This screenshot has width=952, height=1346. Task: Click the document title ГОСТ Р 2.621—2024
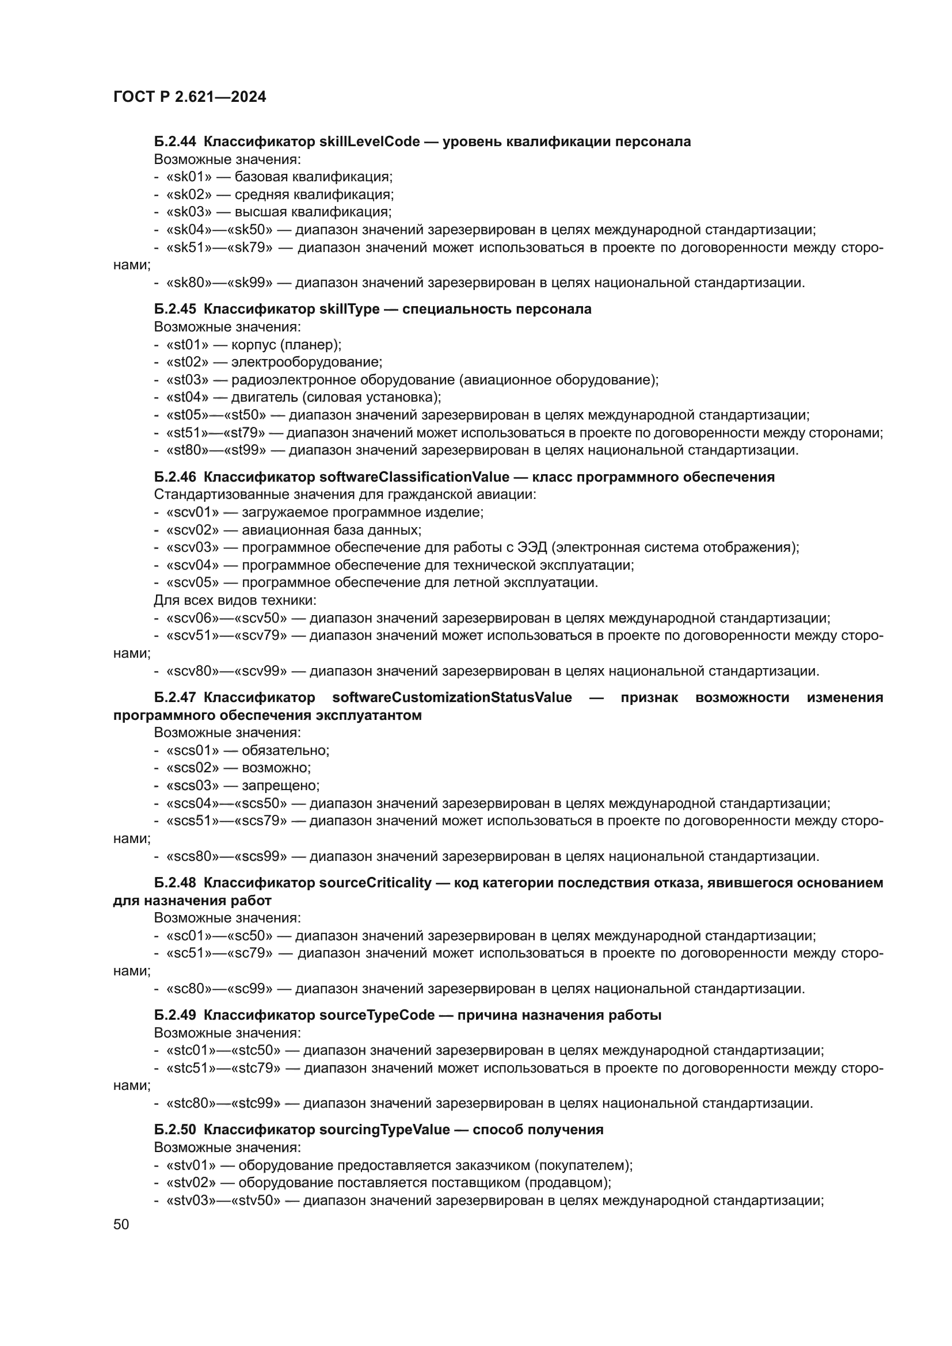coord(189,97)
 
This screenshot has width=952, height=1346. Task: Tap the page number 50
coord(121,1224)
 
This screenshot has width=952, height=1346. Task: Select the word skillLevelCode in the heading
coord(370,142)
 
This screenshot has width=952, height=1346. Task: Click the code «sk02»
coord(189,195)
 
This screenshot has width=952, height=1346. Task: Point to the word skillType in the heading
coord(349,310)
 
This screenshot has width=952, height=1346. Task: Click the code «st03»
coord(188,380)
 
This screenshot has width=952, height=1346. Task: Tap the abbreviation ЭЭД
coord(532,547)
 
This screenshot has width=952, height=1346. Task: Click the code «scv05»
coord(192,583)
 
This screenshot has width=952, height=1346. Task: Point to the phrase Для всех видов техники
coord(234,600)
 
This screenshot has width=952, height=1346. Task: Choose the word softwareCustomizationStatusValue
coord(451,697)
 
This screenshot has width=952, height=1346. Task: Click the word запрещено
coord(280,786)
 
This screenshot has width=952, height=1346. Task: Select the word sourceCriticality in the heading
coord(375,883)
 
